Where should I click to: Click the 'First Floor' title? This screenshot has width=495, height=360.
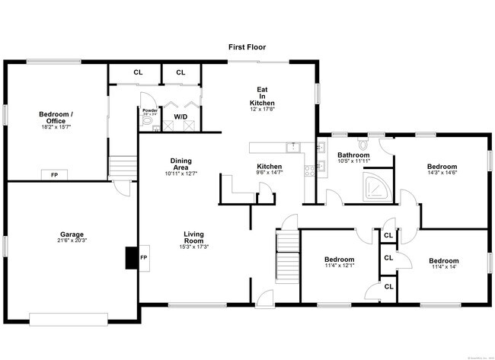pos(247,47)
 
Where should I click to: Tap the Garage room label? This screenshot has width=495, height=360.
pos(72,234)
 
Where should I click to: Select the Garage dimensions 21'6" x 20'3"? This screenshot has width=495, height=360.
pos(72,241)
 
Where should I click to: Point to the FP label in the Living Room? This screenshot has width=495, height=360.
pos(144,258)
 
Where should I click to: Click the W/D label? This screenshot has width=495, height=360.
pos(180,116)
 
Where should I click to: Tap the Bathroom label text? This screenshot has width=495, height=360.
pos(353,155)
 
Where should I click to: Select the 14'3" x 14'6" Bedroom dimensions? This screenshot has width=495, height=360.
pos(442,174)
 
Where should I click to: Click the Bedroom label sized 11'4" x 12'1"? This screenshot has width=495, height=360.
pos(339,259)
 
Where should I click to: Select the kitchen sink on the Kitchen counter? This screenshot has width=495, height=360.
pos(292,146)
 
